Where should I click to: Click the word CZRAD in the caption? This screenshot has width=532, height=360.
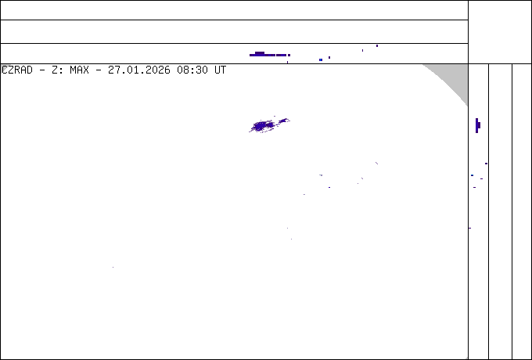17,70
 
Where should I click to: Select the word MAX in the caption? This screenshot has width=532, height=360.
79,70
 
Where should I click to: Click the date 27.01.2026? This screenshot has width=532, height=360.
139,70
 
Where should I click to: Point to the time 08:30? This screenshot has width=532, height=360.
192,70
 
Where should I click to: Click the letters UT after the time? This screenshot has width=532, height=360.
220,70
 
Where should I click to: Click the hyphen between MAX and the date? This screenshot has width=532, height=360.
99,70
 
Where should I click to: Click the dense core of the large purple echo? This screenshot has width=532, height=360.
262,126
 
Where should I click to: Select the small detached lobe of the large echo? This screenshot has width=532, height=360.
284,121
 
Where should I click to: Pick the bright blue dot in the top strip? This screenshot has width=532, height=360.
321,59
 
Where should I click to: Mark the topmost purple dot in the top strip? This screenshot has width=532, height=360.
377,46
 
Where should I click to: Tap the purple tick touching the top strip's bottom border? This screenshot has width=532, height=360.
287,62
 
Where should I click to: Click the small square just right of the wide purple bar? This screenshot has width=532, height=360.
289,55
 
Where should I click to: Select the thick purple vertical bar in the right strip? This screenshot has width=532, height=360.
477,125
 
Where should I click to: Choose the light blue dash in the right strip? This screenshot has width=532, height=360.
472,175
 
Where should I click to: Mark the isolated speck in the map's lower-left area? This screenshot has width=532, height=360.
113,268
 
